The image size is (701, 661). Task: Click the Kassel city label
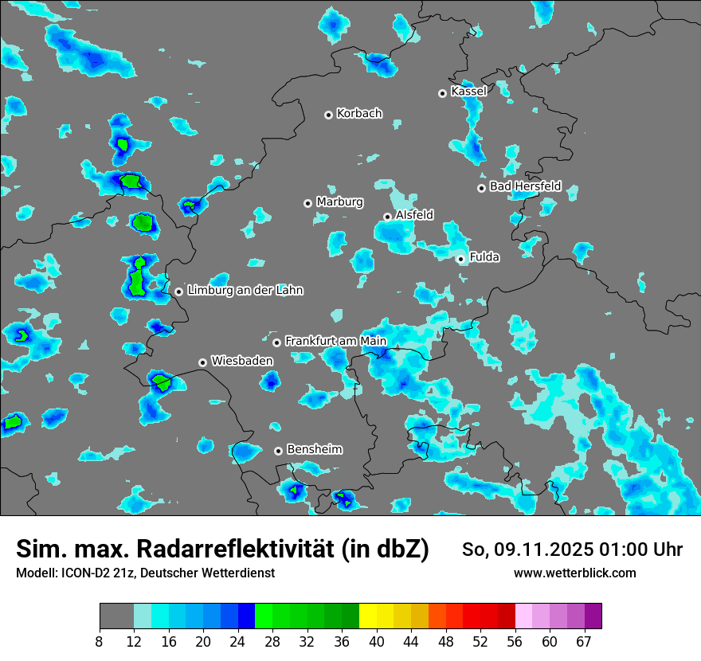468,92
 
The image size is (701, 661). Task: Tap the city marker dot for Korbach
328,115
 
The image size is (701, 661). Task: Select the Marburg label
339,202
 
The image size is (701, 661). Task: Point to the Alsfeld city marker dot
388,217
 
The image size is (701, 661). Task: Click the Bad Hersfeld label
525,186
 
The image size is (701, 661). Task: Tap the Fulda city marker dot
460,259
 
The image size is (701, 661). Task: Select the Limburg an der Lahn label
245,291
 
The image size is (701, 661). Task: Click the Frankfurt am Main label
335,341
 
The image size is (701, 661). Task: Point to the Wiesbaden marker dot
203,362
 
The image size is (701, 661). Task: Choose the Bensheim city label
314,449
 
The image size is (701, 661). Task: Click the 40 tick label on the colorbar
377,642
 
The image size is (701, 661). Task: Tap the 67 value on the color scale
584,642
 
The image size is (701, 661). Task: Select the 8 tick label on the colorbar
100,642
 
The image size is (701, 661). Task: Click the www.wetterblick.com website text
574,573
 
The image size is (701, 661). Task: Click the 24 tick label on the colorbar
238,642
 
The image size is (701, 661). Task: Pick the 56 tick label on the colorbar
515,642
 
